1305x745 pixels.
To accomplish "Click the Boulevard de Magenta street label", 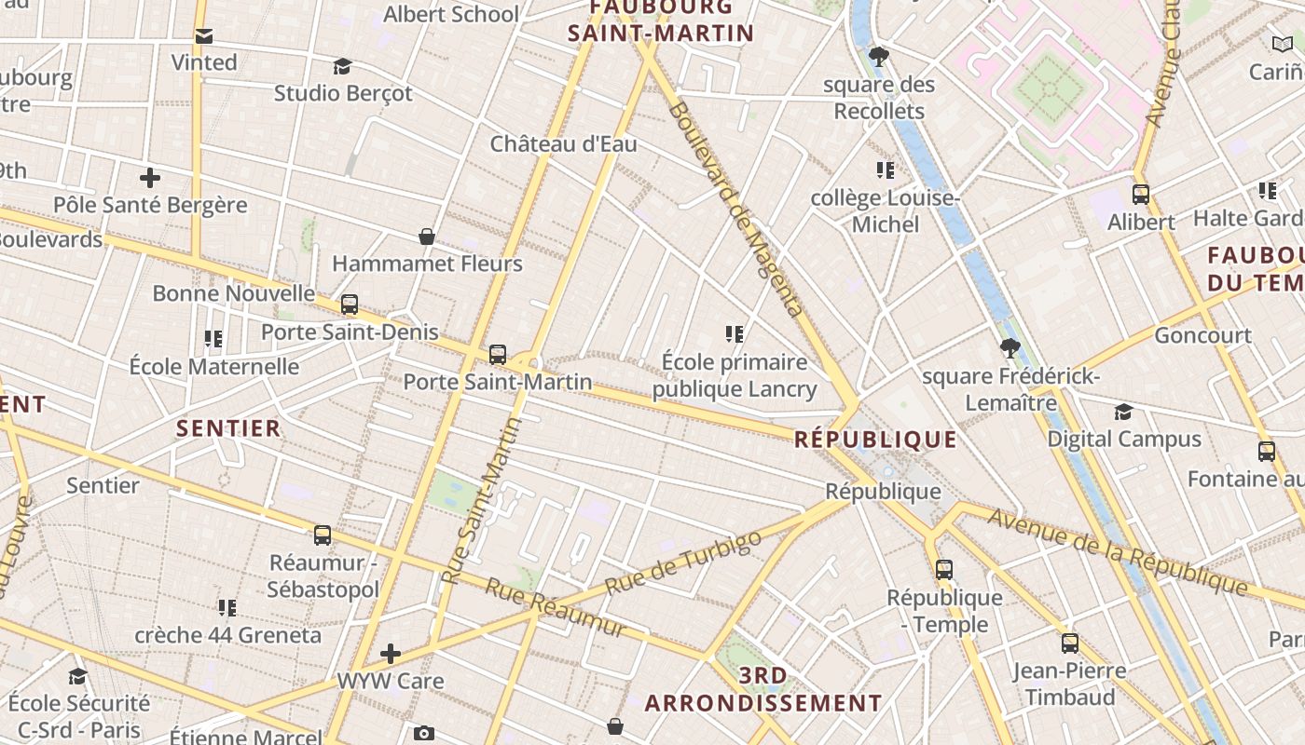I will pos(734,209).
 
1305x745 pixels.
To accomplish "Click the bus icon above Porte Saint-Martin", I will pos(498,355).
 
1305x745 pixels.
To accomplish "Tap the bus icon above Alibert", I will pos(1141,195).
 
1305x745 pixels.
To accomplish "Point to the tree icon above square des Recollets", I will pos(878,57).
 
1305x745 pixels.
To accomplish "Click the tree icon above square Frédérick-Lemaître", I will pos(1010,348).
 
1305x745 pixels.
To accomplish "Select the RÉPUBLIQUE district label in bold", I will pos(875,440).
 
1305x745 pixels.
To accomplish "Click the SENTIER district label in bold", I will pos(228,428).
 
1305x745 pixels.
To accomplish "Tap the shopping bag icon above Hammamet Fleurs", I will pos(427,237).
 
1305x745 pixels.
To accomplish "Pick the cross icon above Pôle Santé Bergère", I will pos(149,177).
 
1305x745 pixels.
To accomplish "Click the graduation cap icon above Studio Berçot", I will pos(342,66).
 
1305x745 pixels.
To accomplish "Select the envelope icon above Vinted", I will pos(203,35).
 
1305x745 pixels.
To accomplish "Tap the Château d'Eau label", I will pos(563,143).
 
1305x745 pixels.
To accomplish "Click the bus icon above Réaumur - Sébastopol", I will pos(323,535).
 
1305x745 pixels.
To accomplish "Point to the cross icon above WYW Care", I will pos(391,654).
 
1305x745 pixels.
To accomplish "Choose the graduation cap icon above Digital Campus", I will pos(1123,412).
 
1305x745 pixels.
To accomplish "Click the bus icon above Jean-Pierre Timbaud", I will pos(1070,643).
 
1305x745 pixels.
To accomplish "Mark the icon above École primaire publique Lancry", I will pos(735,333).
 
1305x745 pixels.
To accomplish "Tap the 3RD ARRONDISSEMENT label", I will pos(762,689).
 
